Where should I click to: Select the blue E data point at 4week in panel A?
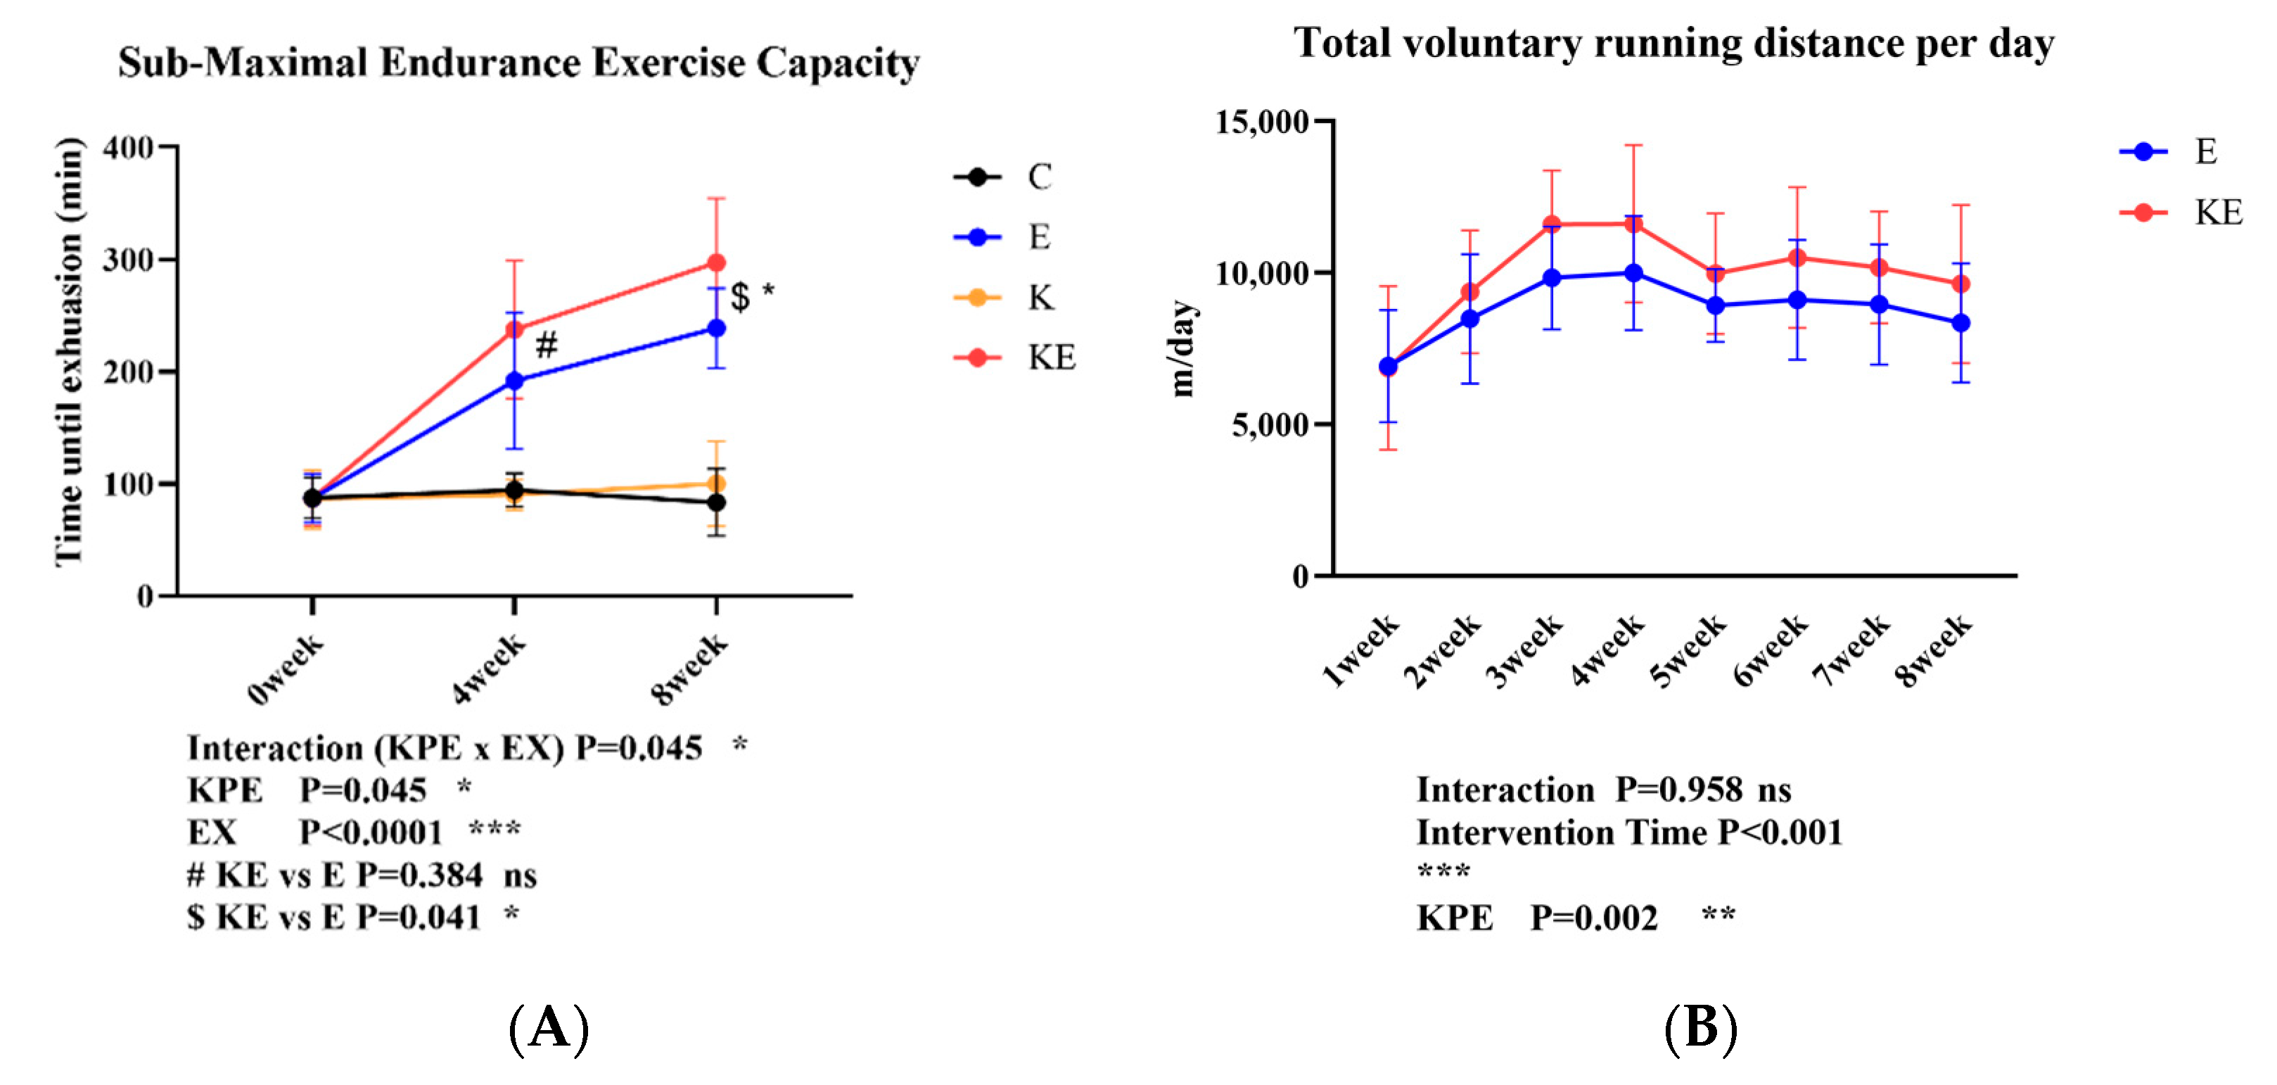[514, 381]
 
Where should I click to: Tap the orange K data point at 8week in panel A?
[716, 483]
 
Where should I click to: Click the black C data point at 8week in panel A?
[716, 502]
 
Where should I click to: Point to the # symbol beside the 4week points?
[547, 344]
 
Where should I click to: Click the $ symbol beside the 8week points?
[741, 297]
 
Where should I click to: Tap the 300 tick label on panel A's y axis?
[128, 260]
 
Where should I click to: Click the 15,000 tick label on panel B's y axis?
[1261, 122]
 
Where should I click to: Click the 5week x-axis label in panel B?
[1688, 651]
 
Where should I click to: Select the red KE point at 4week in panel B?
[1633, 224]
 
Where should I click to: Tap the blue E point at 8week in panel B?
[1960, 323]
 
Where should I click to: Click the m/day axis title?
[1182, 348]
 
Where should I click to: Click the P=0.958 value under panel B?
[1678, 789]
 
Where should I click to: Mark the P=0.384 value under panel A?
[420, 875]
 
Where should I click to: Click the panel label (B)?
[1701, 1029]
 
